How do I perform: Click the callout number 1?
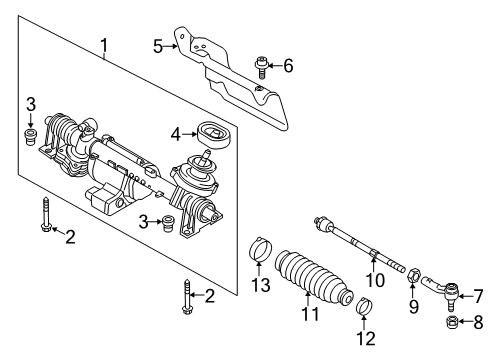point(104,46)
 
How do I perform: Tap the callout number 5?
point(158,46)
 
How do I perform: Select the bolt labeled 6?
point(261,68)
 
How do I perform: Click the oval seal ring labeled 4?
point(215,135)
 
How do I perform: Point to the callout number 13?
point(261,285)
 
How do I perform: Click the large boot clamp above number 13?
point(261,250)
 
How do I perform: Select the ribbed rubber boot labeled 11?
point(313,277)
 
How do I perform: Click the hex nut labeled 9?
point(413,274)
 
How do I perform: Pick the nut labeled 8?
point(451,322)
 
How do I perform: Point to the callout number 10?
point(375,280)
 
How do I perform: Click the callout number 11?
point(310,314)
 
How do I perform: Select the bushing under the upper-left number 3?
point(31,136)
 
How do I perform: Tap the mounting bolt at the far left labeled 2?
point(46,214)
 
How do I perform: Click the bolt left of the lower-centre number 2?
point(187,296)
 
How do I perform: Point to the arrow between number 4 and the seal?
point(189,134)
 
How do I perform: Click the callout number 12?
point(366,339)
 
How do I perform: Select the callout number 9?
point(413,306)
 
